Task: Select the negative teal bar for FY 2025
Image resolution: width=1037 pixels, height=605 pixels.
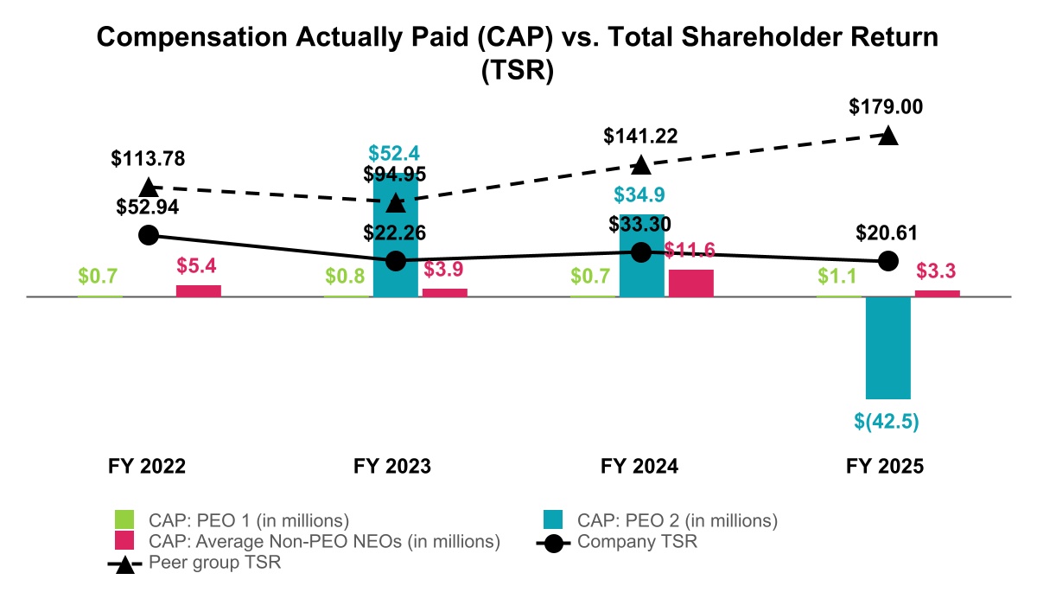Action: point(888,347)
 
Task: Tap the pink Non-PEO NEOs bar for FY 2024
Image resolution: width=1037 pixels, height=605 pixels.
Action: point(691,283)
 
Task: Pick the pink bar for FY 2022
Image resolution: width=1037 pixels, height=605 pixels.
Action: point(199,290)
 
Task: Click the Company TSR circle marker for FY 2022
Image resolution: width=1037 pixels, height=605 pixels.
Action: point(149,234)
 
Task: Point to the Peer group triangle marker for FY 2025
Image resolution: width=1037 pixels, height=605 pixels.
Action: point(887,136)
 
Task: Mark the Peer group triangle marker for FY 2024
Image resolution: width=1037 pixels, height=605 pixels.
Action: point(640,164)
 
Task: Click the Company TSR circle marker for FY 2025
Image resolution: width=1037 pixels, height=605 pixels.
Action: point(887,260)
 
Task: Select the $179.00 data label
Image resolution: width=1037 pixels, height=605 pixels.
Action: point(886,107)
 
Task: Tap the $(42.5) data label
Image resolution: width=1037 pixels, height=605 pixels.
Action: point(887,422)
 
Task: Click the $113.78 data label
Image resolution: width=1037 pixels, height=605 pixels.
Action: point(148,158)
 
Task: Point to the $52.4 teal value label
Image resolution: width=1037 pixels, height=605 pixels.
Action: point(395,153)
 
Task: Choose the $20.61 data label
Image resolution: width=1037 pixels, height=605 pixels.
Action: point(887,232)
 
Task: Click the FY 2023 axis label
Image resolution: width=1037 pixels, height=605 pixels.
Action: point(392,466)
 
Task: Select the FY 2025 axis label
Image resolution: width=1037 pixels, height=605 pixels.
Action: point(885,466)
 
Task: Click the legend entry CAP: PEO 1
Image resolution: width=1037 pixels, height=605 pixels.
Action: point(248,520)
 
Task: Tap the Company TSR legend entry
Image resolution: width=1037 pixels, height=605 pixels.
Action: point(637,543)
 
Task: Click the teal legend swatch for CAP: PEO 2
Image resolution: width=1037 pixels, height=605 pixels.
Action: point(552,520)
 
